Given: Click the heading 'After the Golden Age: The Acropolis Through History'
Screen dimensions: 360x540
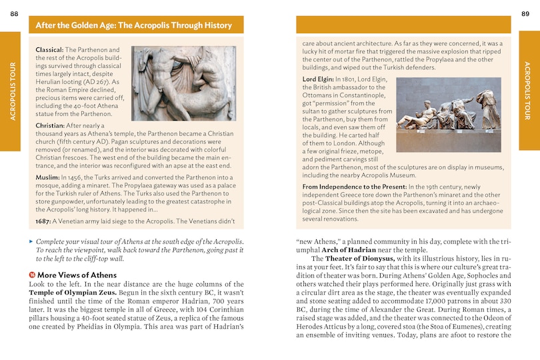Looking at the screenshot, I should pyautogui.click(x=134, y=25).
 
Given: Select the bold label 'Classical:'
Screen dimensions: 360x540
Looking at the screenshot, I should pyautogui.click(x=50, y=50).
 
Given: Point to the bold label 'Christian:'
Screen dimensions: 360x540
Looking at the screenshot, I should pyautogui.click(x=51, y=125).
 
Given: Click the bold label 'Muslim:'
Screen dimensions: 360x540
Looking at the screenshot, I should pyautogui.click(x=47, y=177).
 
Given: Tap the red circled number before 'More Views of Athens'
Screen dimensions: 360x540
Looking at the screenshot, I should pyautogui.click(x=32, y=275).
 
